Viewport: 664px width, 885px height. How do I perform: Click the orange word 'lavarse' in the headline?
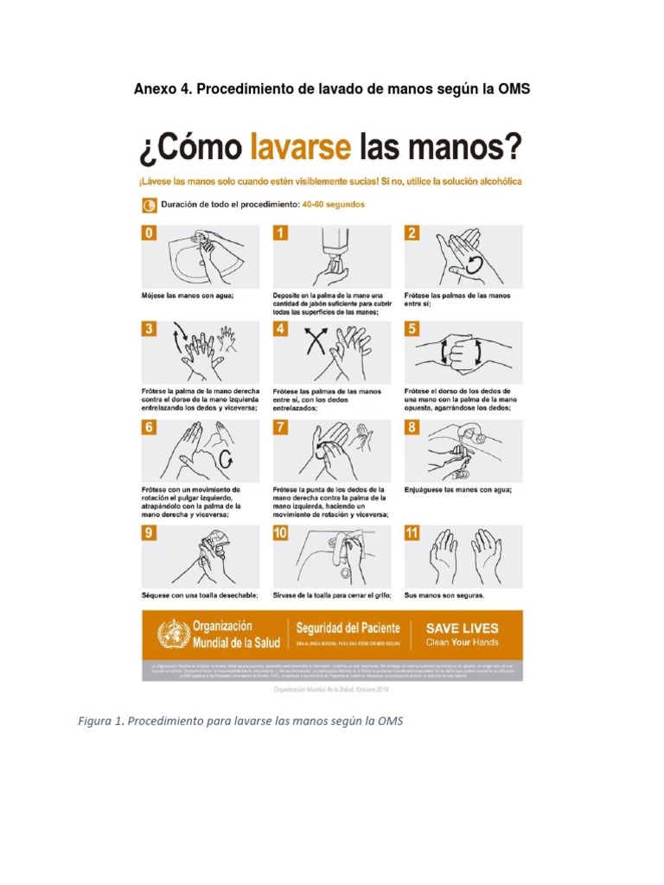pyautogui.click(x=300, y=149)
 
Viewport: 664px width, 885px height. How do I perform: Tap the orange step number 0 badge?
pyautogui.click(x=149, y=233)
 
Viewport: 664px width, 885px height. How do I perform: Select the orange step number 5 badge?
pyautogui.click(x=412, y=329)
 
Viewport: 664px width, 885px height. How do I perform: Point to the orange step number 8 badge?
pyautogui.click(x=412, y=428)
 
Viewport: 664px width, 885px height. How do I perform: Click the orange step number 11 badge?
pyautogui.click(x=412, y=533)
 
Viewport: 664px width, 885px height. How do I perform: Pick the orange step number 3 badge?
pyautogui.click(x=149, y=329)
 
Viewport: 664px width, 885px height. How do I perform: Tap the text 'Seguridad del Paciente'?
pyautogui.click(x=348, y=628)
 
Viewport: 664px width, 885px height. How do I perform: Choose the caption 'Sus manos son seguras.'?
pyautogui.click(x=444, y=595)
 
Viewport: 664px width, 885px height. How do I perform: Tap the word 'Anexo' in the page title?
pyautogui.click(x=154, y=89)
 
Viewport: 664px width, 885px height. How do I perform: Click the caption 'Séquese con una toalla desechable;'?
pyautogui.click(x=200, y=595)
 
